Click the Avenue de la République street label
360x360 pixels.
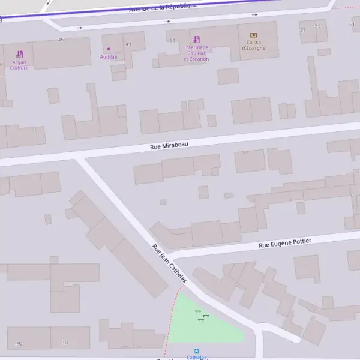(x=163, y=8)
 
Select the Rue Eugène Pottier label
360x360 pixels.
(x=285, y=243)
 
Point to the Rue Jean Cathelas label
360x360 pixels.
(x=169, y=263)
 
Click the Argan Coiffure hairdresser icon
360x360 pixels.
(x=19, y=54)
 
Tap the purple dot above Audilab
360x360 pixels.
(x=109, y=49)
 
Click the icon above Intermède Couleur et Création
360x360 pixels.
(x=196, y=39)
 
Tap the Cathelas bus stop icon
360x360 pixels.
(x=196, y=351)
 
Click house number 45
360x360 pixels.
(x=61, y=40)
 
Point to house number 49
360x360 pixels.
(x=128, y=44)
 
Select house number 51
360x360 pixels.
(x=172, y=40)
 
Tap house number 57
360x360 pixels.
(x=302, y=29)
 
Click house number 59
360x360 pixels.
(x=317, y=26)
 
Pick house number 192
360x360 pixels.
(x=19, y=343)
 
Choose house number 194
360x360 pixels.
(x=64, y=343)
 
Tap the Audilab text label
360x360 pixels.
(x=109, y=56)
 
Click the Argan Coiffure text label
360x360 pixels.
(x=19, y=65)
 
